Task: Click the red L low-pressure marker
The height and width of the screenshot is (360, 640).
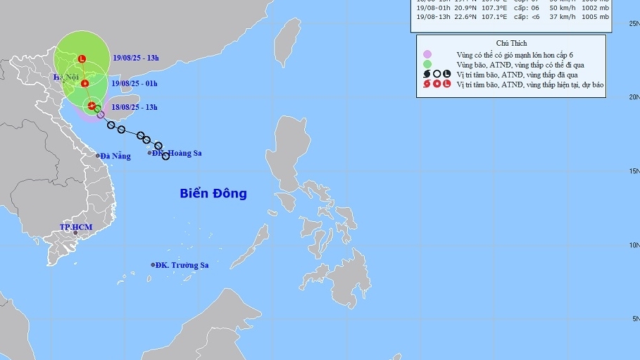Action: click(82, 58)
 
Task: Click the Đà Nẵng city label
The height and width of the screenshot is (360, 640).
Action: click(115, 156)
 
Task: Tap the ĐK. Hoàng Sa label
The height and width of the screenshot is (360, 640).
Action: click(178, 153)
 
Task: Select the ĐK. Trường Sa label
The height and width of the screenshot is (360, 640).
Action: click(182, 265)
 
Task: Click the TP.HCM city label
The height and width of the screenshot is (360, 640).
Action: click(75, 227)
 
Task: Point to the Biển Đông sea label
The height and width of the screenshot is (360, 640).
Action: click(213, 193)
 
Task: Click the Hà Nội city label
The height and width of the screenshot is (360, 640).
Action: click(66, 76)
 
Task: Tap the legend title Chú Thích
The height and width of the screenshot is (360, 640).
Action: click(510, 43)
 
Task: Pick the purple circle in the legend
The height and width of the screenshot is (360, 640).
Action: click(427, 54)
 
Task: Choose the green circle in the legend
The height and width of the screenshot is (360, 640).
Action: click(427, 64)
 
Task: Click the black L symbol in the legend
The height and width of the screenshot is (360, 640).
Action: click(446, 74)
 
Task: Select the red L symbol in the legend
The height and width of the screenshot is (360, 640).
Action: click(446, 85)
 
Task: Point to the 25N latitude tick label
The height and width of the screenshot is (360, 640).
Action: click(634, 24)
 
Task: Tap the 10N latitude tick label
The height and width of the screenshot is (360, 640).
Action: click(634, 245)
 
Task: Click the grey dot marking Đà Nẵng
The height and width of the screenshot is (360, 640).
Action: click(98, 156)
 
